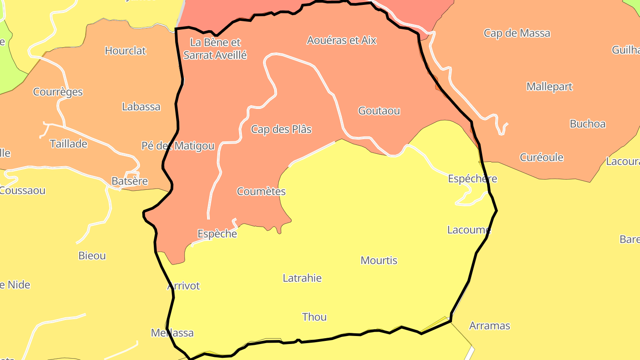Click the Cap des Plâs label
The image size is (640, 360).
pos(281,129)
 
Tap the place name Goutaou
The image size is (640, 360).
pos(379,111)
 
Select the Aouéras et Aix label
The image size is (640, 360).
pos(341,40)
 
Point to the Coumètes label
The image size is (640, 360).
pos(261,192)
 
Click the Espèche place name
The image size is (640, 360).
pos(217,234)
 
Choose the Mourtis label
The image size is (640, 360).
pos(379,260)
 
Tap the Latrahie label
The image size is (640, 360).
pos(302,278)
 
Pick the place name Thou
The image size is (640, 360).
pos(314,317)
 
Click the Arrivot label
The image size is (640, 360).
pos(183,286)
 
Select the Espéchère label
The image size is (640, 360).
pos(472,179)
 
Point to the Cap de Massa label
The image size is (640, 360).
pos(516,33)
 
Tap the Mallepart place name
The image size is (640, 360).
pos(549,87)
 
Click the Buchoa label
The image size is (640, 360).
pos(588,124)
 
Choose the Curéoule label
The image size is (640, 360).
pos(541,157)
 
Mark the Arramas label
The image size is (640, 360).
pos(489,326)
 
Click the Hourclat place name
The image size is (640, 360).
pos(125,51)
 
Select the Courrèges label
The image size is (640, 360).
pos(58,92)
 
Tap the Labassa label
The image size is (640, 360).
pos(141,107)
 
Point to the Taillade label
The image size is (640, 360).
pos(68,144)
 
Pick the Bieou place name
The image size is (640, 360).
pos(92,256)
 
